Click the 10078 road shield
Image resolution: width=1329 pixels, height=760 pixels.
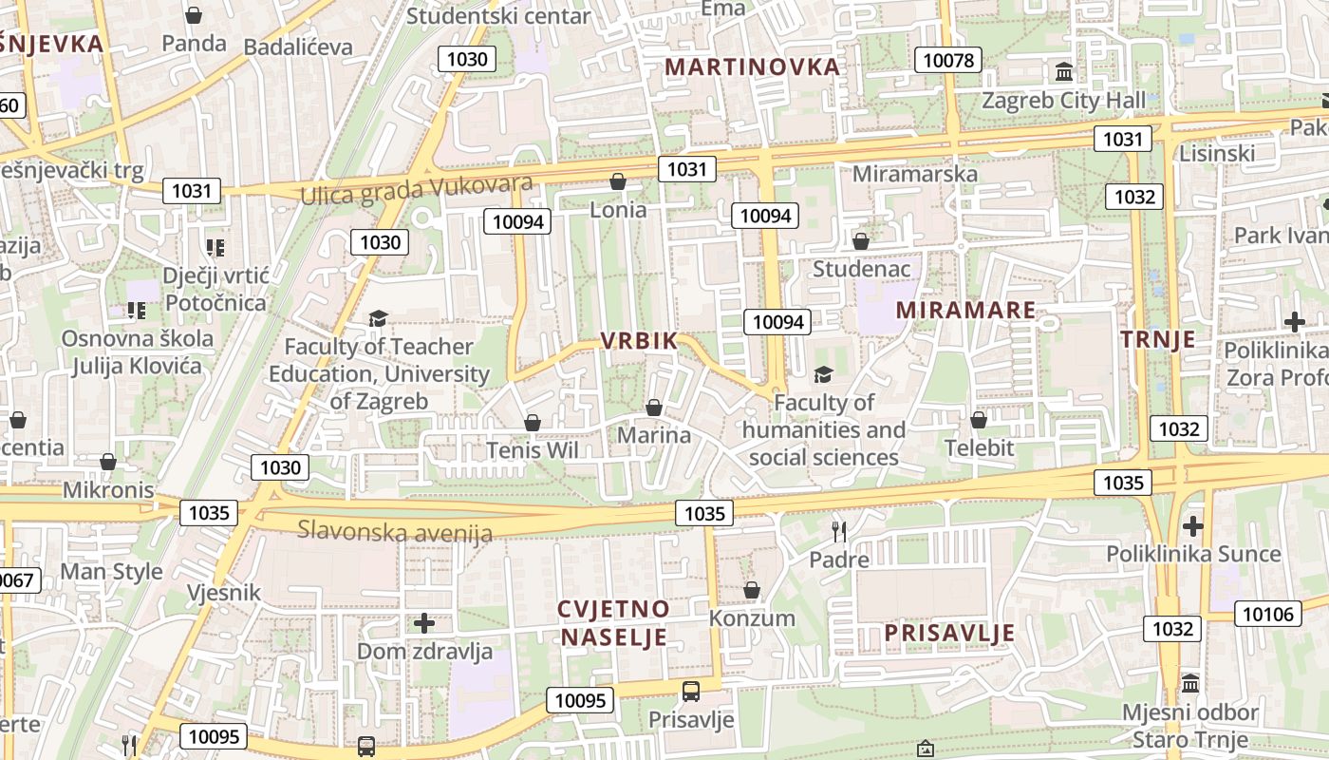(948, 61)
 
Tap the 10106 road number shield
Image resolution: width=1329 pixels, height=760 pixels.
(1267, 614)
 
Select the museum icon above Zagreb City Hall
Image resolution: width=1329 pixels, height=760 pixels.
(1064, 72)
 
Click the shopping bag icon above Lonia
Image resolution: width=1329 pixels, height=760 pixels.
(618, 181)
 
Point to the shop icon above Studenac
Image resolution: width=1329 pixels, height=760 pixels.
(861, 241)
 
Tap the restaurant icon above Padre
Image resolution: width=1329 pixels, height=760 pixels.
(839, 531)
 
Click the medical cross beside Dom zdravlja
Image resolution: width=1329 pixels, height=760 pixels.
(424, 623)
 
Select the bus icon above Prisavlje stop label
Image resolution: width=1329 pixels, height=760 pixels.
(691, 691)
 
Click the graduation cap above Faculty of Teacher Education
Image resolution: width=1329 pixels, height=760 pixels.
(379, 318)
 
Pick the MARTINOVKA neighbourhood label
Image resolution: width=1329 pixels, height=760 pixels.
(753, 67)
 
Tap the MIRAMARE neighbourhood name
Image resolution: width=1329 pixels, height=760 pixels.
(965, 311)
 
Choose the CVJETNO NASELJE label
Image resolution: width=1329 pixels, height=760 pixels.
(613, 623)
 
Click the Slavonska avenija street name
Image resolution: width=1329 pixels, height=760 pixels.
(395, 530)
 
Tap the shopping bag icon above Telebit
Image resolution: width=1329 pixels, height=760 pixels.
(979, 419)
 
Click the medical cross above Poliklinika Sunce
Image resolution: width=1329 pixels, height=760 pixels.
(1193, 525)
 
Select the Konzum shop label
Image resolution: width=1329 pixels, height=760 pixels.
(752, 618)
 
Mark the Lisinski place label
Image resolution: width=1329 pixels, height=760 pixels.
(1217, 154)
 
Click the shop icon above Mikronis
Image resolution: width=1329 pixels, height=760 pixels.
(108, 462)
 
